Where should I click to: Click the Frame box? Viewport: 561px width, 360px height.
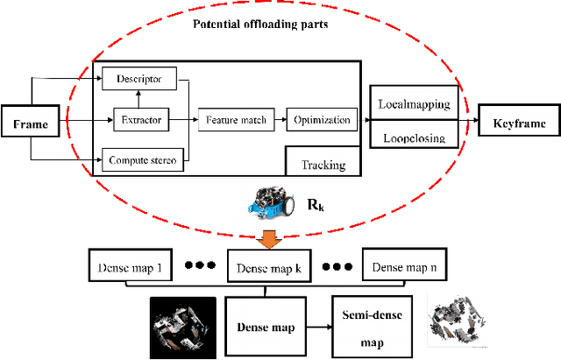(30, 124)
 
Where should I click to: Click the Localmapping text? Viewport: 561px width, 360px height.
(413, 103)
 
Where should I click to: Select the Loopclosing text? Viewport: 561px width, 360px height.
(413, 138)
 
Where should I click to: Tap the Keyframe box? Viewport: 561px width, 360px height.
(517, 124)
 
